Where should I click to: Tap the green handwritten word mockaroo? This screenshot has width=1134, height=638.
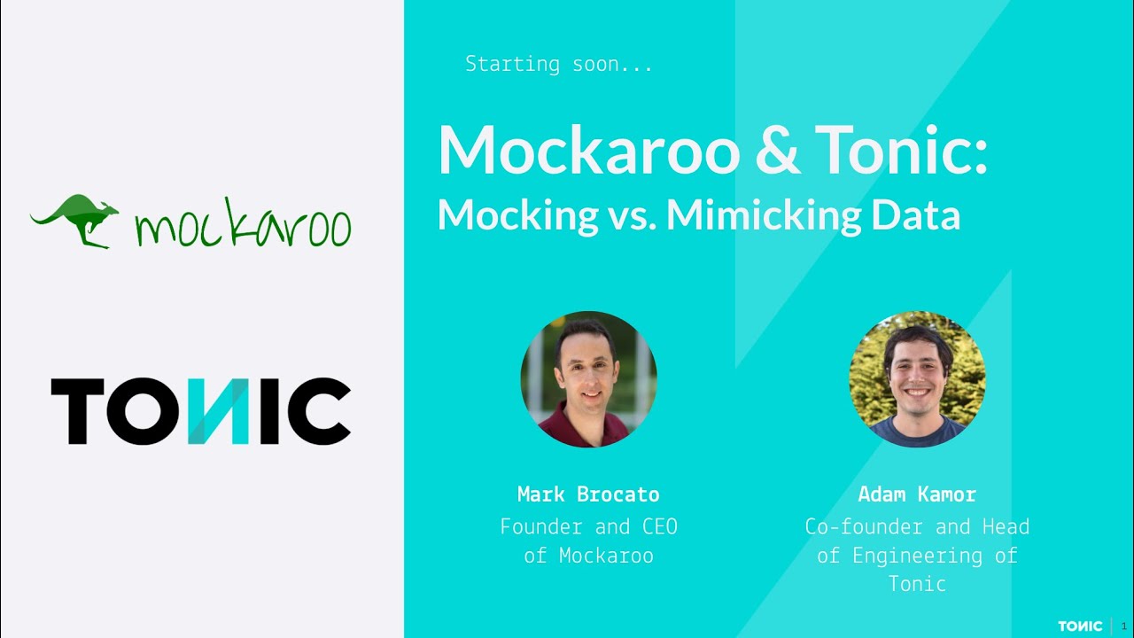click(x=243, y=227)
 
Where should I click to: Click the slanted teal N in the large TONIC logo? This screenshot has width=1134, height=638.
click(x=208, y=411)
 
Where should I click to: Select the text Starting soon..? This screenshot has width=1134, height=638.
click(x=558, y=64)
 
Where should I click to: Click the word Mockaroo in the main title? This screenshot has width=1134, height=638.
click(x=588, y=151)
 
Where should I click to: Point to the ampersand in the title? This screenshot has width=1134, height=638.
click(x=778, y=151)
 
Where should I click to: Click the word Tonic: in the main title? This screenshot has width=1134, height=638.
click(x=901, y=151)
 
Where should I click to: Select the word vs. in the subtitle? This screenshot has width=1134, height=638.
click(x=632, y=215)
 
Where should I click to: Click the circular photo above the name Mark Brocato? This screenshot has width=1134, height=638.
click(x=588, y=379)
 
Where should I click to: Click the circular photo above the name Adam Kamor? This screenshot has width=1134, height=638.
click(x=917, y=379)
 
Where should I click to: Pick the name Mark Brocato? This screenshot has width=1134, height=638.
click(x=588, y=494)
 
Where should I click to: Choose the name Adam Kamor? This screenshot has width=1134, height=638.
click(x=917, y=494)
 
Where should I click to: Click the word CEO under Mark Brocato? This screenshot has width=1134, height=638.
click(x=659, y=526)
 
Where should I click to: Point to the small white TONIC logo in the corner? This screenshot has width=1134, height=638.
click(x=1080, y=626)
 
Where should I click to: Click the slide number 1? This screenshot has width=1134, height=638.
click(x=1124, y=626)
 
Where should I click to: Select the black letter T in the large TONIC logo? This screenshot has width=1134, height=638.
click(x=78, y=411)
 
